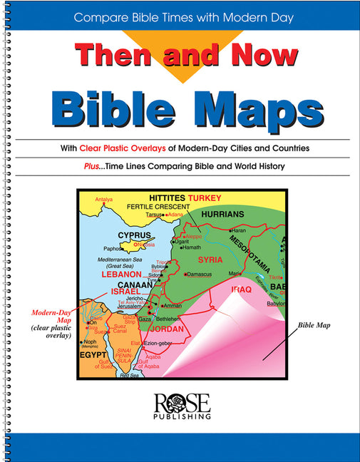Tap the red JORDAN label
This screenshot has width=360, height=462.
point(168,329)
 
